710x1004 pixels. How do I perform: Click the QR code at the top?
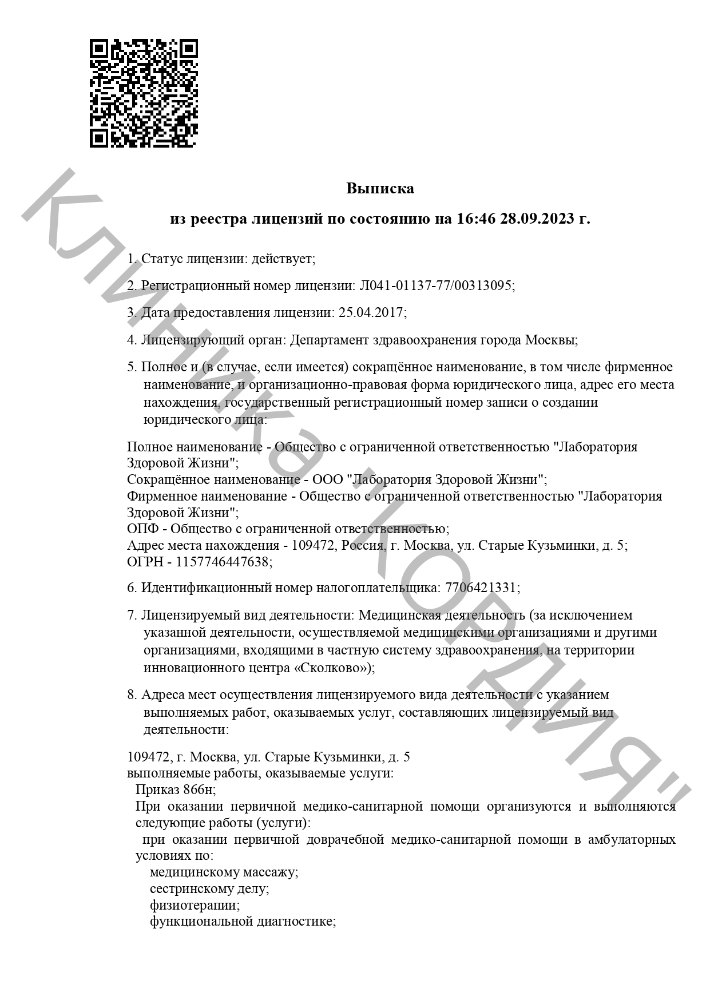[144, 93]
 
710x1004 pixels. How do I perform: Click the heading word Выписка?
[380, 189]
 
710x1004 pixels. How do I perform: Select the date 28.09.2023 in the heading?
[537, 219]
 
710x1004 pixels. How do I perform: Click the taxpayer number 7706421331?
[481, 588]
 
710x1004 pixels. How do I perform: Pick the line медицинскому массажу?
[224, 872]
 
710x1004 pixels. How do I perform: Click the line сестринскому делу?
[209, 889]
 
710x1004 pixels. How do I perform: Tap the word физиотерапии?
[194, 906]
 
